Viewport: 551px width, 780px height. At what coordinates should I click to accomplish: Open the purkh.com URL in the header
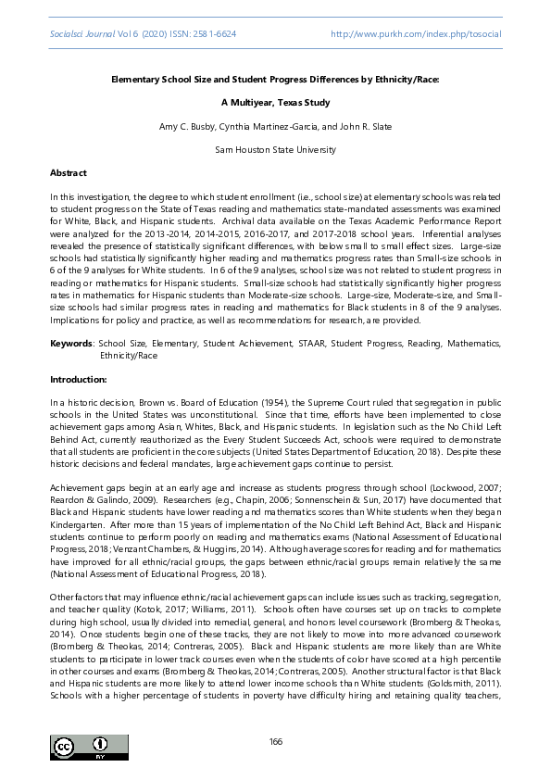pos(416,33)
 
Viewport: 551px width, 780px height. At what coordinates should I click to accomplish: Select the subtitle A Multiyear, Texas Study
pos(275,102)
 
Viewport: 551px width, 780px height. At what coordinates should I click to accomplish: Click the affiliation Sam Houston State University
pos(275,148)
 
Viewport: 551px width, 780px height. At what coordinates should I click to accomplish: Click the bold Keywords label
pos(71,344)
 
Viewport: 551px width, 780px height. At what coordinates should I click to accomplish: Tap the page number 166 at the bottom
pos(275,741)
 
